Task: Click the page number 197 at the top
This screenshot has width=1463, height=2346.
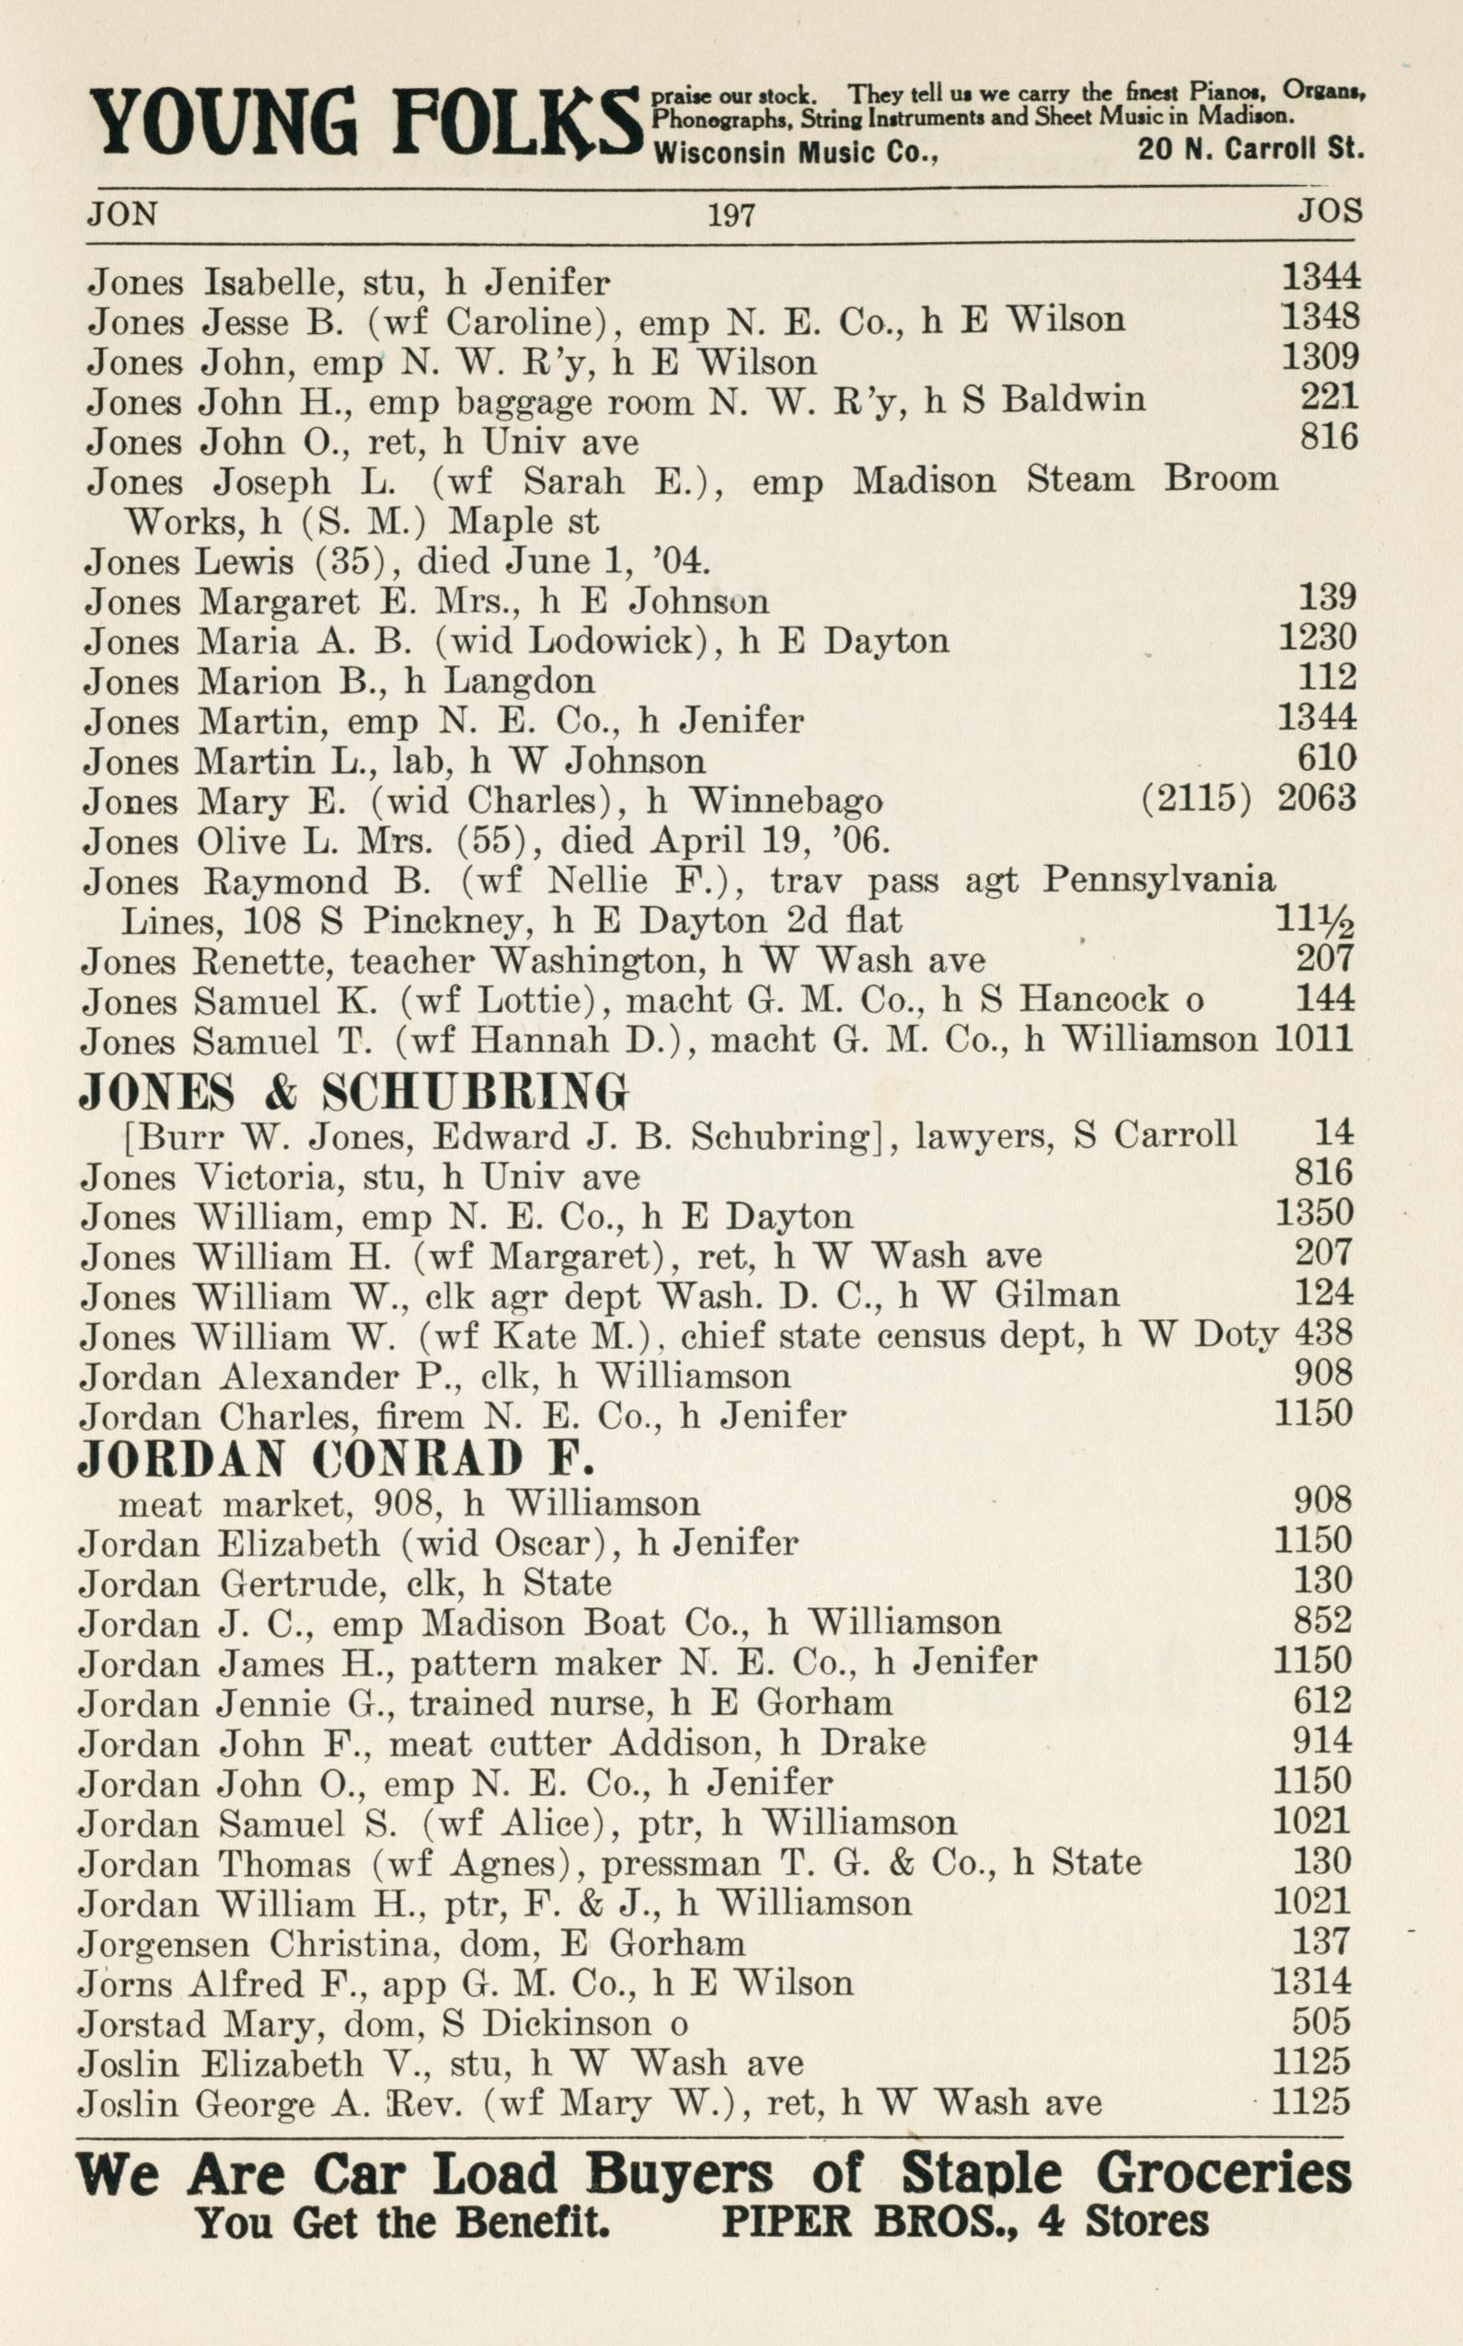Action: (731, 213)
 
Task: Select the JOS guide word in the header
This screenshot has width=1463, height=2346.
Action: (1330, 211)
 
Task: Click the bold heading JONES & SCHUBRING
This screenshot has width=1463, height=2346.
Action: (353, 1093)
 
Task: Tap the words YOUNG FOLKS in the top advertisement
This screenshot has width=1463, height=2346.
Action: (363, 125)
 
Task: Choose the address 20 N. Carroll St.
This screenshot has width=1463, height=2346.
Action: (1250, 150)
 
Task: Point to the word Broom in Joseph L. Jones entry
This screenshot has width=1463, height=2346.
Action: (1220, 480)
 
